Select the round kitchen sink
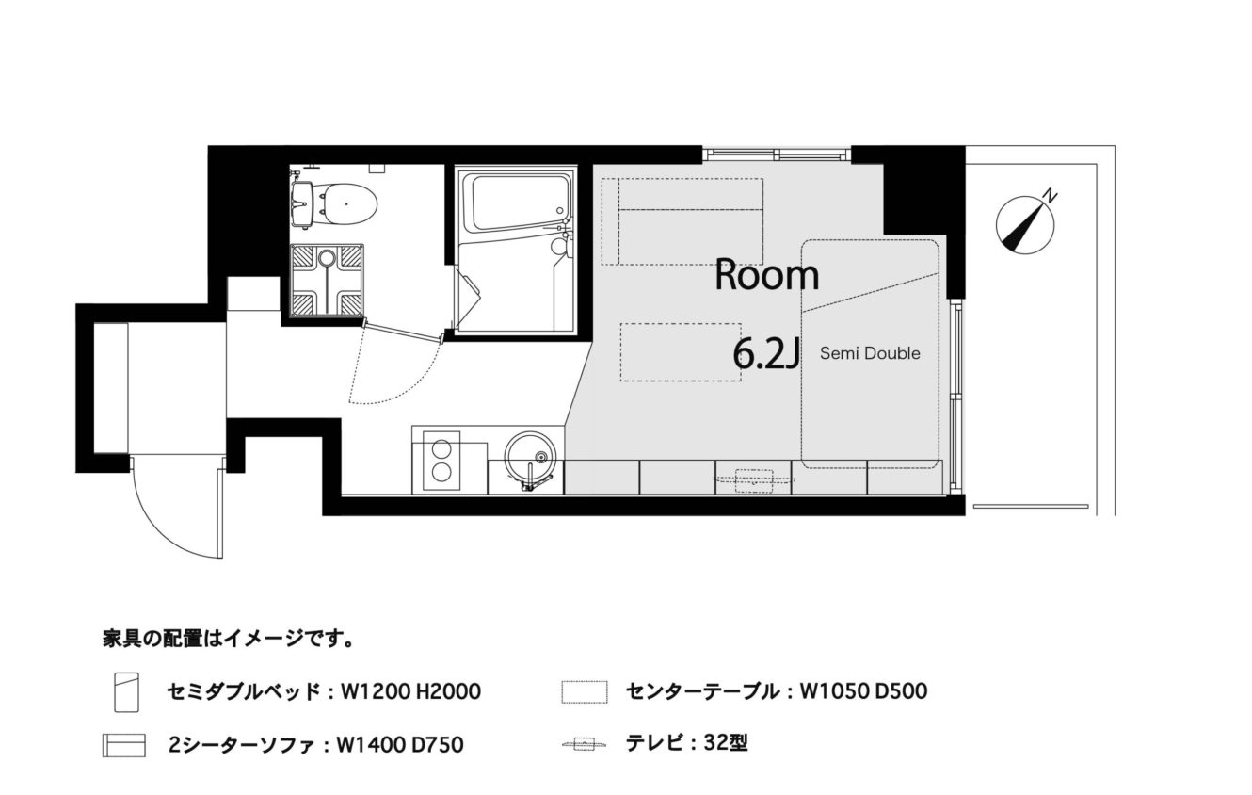point(530,458)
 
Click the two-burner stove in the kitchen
point(441,462)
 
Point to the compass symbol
point(1025,225)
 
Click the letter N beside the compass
point(1051,196)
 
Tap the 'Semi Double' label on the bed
point(870,353)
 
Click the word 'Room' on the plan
point(767,275)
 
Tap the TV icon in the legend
point(584,744)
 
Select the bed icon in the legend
point(126,692)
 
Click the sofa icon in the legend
point(124,746)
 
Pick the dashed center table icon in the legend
point(585,692)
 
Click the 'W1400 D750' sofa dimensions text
point(400,745)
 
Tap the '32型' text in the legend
point(726,743)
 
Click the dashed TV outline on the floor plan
point(755,480)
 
